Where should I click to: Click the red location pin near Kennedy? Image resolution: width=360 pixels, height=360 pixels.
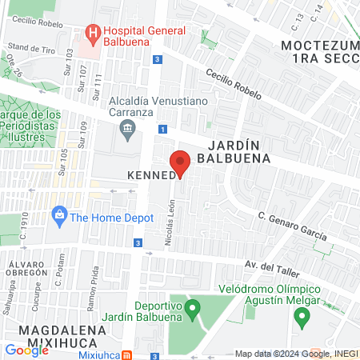(x=181, y=163)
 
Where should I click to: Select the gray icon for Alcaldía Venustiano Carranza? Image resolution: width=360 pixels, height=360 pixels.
(x=127, y=128)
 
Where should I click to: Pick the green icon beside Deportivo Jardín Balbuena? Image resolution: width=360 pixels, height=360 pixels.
(x=191, y=307)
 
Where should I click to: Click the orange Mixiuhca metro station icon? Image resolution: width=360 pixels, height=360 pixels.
(x=127, y=354)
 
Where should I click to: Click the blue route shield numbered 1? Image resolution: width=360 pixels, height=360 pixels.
(x=162, y=129)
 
